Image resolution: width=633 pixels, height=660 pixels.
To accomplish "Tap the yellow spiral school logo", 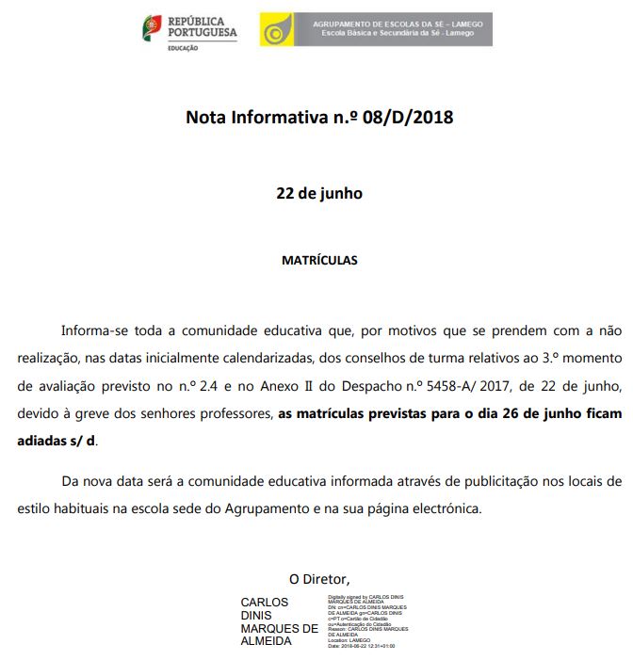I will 276,30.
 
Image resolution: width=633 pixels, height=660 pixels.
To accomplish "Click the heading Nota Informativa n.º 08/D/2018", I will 319,118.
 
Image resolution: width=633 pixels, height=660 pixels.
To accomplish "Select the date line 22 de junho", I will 319,193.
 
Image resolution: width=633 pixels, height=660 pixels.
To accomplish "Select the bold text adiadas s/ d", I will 57,440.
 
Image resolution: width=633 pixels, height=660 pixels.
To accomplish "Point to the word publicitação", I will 498,481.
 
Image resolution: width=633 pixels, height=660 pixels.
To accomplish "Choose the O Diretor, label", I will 319,578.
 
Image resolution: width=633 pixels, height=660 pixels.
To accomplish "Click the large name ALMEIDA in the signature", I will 267,641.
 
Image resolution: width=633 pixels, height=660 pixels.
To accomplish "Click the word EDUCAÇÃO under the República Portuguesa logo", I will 183,48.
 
